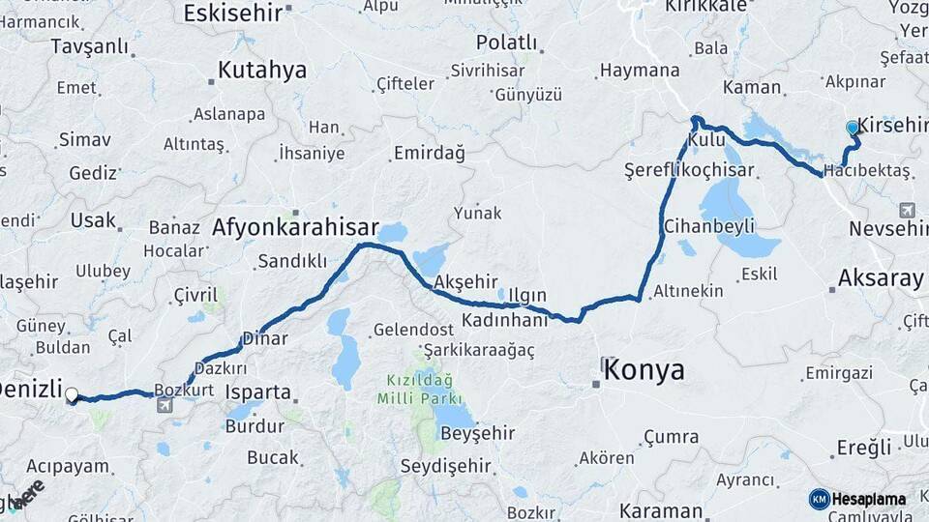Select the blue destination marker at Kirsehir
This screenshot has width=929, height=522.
(x=853, y=128)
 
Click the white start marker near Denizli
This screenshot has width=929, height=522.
(x=72, y=394)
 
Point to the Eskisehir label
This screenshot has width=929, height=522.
(x=232, y=12)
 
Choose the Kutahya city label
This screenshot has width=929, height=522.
(x=261, y=70)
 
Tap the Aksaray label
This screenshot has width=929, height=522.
(x=881, y=278)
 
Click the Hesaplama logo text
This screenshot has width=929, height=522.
(x=869, y=499)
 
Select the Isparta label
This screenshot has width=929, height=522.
(x=257, y=392)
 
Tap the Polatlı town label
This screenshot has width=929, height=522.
(x=506, y=43)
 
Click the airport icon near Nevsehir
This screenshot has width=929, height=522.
(x=908, y=208)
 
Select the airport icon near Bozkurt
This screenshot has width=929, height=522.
(x=165, y=405)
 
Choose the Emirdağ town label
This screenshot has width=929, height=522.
(x=429, y=153)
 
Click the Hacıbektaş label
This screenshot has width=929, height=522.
(x=868, y=170)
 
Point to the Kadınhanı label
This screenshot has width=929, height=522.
(x=504, y=319)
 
